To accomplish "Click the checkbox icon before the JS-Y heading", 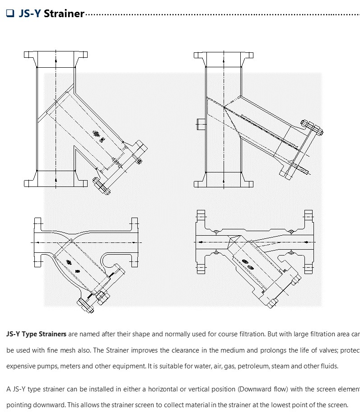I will (x=10, y=14).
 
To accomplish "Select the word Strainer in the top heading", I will (x=64, y=14).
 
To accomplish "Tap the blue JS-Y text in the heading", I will (x=30, y=14).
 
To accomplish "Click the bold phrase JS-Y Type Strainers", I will (x=36, y=335).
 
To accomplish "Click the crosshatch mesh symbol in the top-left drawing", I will (x=95, y=134).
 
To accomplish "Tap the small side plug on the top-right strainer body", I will (x=201, y=124).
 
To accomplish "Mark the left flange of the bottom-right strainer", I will (x=200, y=242).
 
